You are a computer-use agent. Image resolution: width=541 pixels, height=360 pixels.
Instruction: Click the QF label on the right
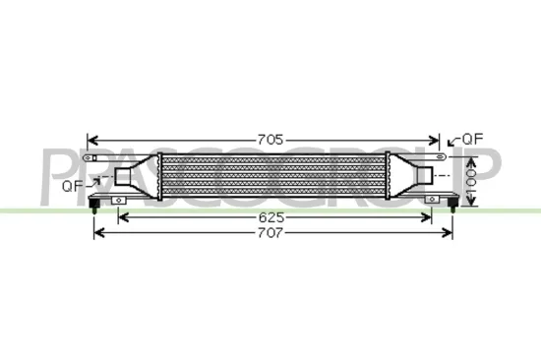coord(473,139)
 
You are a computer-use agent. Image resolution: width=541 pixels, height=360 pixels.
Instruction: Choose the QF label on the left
coord(73,184)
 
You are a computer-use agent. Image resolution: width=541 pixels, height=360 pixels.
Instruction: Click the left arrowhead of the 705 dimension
coord(91,140)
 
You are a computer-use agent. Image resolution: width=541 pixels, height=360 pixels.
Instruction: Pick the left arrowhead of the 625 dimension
coord(121,216)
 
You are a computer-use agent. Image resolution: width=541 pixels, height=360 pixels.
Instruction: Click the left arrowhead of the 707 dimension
coord(97,234)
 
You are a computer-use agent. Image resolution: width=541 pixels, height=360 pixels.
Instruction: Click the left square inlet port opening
coord(127,177)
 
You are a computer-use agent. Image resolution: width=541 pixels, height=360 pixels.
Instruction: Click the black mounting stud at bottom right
coord(451,205)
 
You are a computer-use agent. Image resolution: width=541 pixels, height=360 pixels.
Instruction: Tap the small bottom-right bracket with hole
coord(431,200)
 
